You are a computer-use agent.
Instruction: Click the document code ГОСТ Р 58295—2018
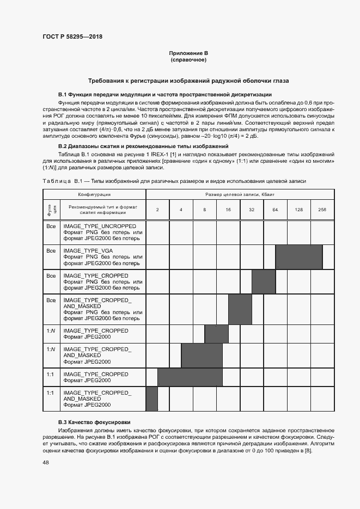pos(72,36)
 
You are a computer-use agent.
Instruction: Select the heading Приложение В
pos(188,53)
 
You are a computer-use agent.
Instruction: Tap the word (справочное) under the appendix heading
pos(188,59)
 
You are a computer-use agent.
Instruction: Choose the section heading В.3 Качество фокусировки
pos(94,422)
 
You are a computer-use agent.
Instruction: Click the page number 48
pos(46,463)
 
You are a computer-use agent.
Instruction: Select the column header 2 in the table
pos(157,210)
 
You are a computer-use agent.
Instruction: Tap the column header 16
pos(228,210)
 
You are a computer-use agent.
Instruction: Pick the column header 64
pos(275,210)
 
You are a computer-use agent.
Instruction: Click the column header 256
pos(322,210)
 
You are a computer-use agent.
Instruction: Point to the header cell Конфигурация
pos(94,194)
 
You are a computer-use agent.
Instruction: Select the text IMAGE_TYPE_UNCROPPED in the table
pos(100,225)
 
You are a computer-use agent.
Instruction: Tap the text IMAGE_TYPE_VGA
pos(88,251)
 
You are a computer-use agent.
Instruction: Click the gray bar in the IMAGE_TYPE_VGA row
pos(299,257)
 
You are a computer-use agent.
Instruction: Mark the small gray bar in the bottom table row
pos(152,398)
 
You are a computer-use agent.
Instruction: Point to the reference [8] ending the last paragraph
pos(308,450)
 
